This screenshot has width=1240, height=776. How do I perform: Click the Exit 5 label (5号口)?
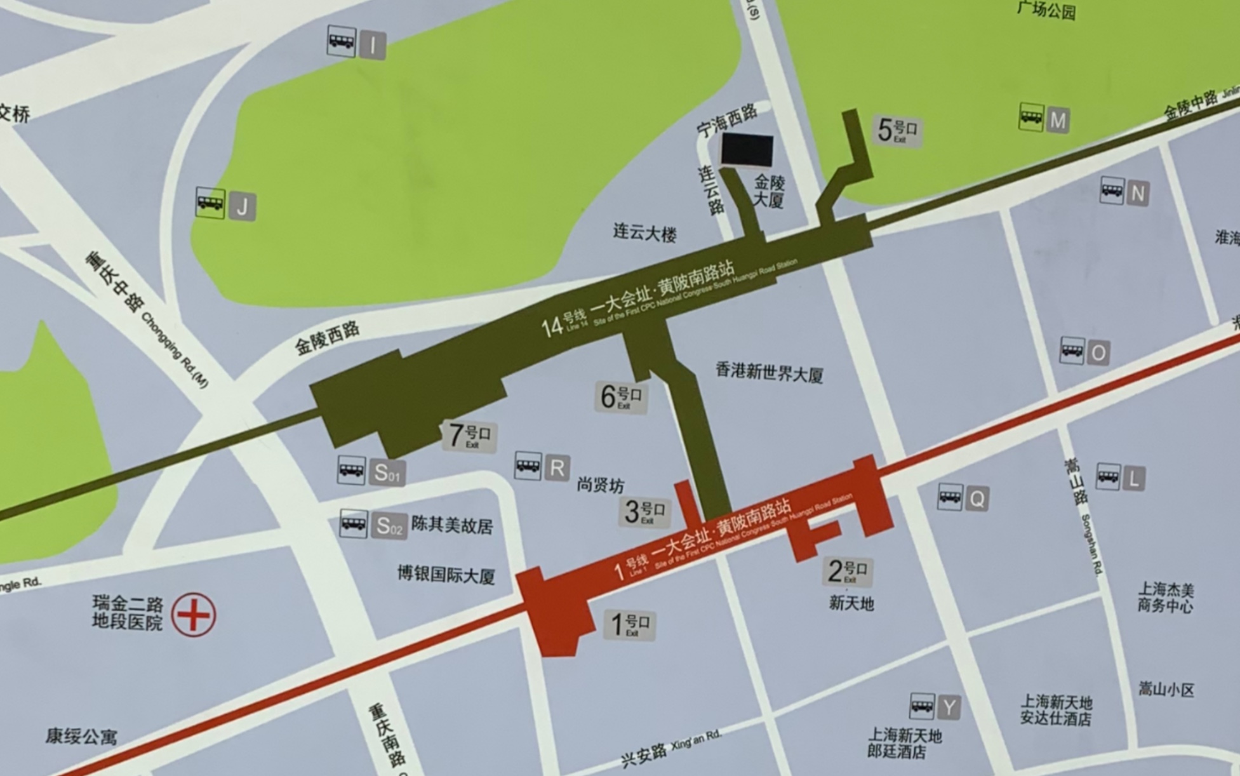click(x=897, y=131)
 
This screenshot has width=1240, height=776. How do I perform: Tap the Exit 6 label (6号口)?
click(x=621, y=398)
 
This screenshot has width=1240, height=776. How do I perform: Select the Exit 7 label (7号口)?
click(x=469, y=436)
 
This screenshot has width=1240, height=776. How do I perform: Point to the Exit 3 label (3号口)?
click(x=644, y=512)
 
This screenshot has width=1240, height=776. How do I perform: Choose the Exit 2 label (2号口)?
click(x=847, y=571)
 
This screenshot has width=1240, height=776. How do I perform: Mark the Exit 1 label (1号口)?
click(x=629, y=624)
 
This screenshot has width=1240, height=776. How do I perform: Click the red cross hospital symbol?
click(x=194, y=615)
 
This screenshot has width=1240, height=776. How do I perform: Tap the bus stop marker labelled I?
click(x=357, y=43)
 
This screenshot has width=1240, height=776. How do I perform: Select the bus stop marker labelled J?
click(x=226, y=204)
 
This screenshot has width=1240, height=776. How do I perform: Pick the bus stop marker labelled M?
click(x=1044, y=119)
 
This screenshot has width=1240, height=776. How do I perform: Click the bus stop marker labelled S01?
click(x=371, y=471)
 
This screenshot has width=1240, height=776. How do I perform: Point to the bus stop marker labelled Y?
click(x=935, y=706)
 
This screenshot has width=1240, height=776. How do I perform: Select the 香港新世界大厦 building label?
click(x=770, y=372)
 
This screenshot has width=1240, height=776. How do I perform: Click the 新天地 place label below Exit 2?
click(x=851, y=603)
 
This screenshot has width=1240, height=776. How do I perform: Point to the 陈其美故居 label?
click(x=452, y=525)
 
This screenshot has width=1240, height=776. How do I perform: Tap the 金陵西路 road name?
click(x=327, y=338)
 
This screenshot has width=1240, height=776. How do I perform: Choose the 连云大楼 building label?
click(x=644, y=232)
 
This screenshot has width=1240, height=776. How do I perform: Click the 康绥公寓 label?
click(x=81, y=736)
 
